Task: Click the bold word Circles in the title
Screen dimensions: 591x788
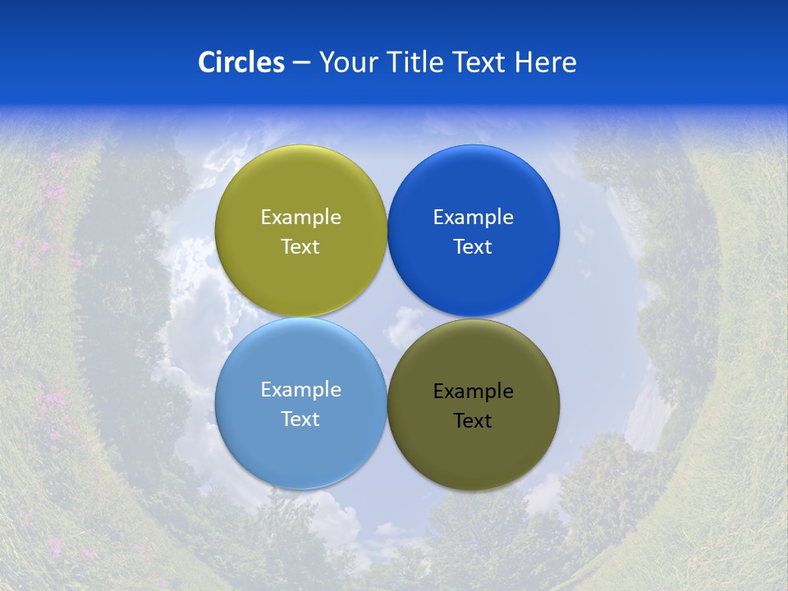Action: tap(241, 62)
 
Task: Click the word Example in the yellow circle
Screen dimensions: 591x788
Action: tap(300, 218)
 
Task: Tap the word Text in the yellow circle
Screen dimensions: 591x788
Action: tap(300, 247)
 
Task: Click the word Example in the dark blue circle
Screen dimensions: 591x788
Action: tap(473, 218)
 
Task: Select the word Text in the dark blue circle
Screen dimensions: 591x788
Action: tap(473, 247)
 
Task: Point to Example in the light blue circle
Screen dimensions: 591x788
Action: tap(300, 390)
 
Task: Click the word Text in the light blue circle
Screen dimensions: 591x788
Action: tap(300, 419)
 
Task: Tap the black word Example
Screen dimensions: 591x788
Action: tap(473, 392)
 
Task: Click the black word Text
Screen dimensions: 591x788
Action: tap(473, 421)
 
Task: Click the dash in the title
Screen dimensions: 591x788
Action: tap(301, 62)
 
